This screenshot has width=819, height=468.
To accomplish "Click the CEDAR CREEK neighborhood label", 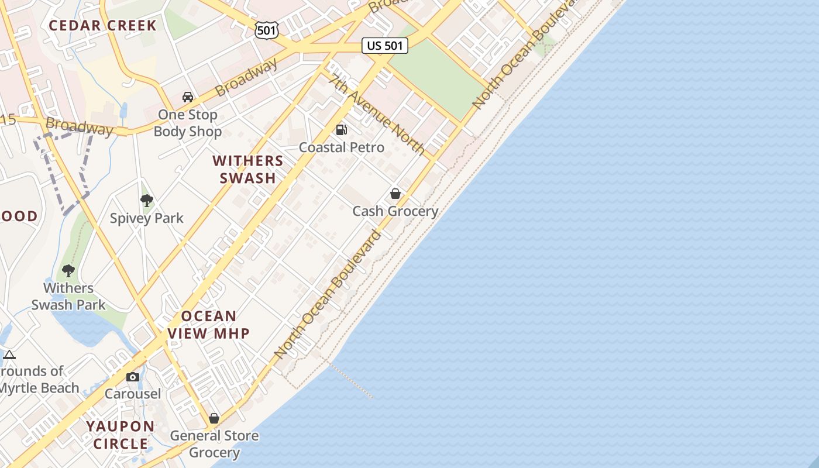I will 102,25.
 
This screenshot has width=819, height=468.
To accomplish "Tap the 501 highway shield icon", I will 267,30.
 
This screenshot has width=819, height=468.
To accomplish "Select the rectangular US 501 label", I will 384,45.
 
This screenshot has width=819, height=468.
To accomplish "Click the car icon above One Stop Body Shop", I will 188,97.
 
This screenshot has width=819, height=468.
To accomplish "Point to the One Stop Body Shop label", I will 188,123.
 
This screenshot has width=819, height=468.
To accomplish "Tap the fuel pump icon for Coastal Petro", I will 342,130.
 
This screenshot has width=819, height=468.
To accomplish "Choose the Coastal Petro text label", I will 342,147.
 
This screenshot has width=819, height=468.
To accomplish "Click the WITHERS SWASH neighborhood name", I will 248,169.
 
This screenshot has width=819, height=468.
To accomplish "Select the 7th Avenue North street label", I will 377,115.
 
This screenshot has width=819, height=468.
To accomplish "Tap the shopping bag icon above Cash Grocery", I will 395,194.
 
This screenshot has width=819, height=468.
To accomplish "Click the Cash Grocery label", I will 395,211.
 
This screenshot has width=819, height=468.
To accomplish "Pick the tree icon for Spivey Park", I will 147,201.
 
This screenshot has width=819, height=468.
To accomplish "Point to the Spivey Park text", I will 147,218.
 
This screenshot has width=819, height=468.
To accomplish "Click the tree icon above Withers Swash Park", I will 68,271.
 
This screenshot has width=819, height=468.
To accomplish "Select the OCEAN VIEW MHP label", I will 209,325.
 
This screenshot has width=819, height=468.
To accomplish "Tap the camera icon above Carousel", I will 133,377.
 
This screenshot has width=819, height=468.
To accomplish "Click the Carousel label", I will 133,394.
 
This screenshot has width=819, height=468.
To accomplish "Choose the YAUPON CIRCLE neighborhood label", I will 121,435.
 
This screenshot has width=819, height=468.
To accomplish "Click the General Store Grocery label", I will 214,444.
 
